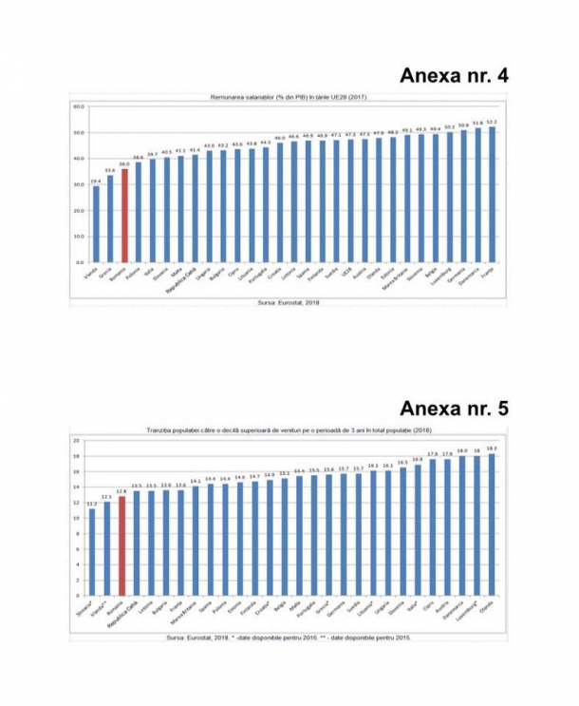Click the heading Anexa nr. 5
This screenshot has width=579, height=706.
tap(454, 409)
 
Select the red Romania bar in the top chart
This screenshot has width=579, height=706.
tap(124, 215)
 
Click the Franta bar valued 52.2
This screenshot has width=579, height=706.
tap(491, 194)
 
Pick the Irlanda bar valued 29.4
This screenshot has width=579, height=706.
tap(95, 223)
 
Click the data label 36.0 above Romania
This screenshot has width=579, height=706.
tap(124, 164)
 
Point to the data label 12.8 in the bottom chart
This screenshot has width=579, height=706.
tap(121, 492)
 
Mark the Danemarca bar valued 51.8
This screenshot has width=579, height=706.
tap(476, 195)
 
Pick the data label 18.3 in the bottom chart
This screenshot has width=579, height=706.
tap(491, 448)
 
